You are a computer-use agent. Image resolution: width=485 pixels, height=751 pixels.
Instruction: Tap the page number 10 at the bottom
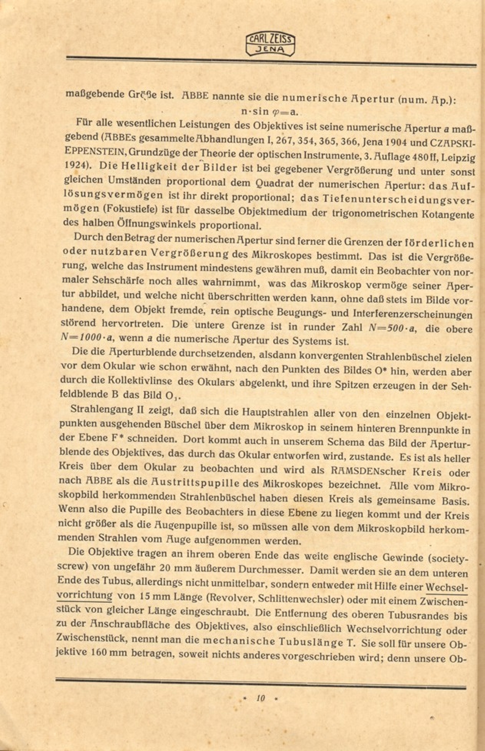(261, 698)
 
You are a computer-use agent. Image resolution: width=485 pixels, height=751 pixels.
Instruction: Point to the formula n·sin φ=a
(269, 112)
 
